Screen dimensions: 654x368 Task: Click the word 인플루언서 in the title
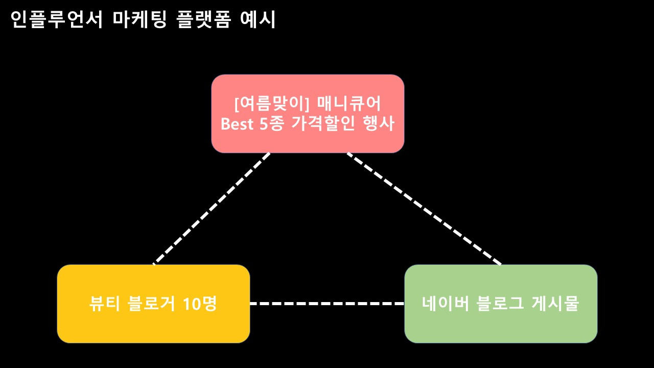coord(57,19)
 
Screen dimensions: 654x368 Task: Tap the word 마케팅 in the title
coord(139,19)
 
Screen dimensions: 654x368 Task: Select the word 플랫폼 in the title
coord(203,19)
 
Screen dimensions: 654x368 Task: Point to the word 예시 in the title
coord(258,19)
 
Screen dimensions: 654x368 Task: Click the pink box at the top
coord(308,113)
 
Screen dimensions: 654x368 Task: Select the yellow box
coord(154,304)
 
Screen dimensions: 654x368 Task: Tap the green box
coord(501,304)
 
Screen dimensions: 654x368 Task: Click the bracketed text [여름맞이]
coord(272,104)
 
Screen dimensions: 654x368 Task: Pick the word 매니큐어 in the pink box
coord(349,104)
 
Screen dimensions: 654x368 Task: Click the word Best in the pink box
coord(237,124)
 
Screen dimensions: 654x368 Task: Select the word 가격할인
coord(323,124)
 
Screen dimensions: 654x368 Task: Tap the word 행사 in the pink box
coord(379,124)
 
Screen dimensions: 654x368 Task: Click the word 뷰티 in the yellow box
coord(105,304)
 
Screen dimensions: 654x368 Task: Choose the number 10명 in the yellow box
coord(200,304)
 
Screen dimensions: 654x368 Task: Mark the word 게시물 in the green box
coord(555,303)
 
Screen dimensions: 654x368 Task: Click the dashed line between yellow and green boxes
coord(327,304)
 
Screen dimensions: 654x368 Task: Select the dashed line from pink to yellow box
coord(212,209)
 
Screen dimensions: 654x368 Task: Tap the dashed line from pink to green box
coord(424,209)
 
